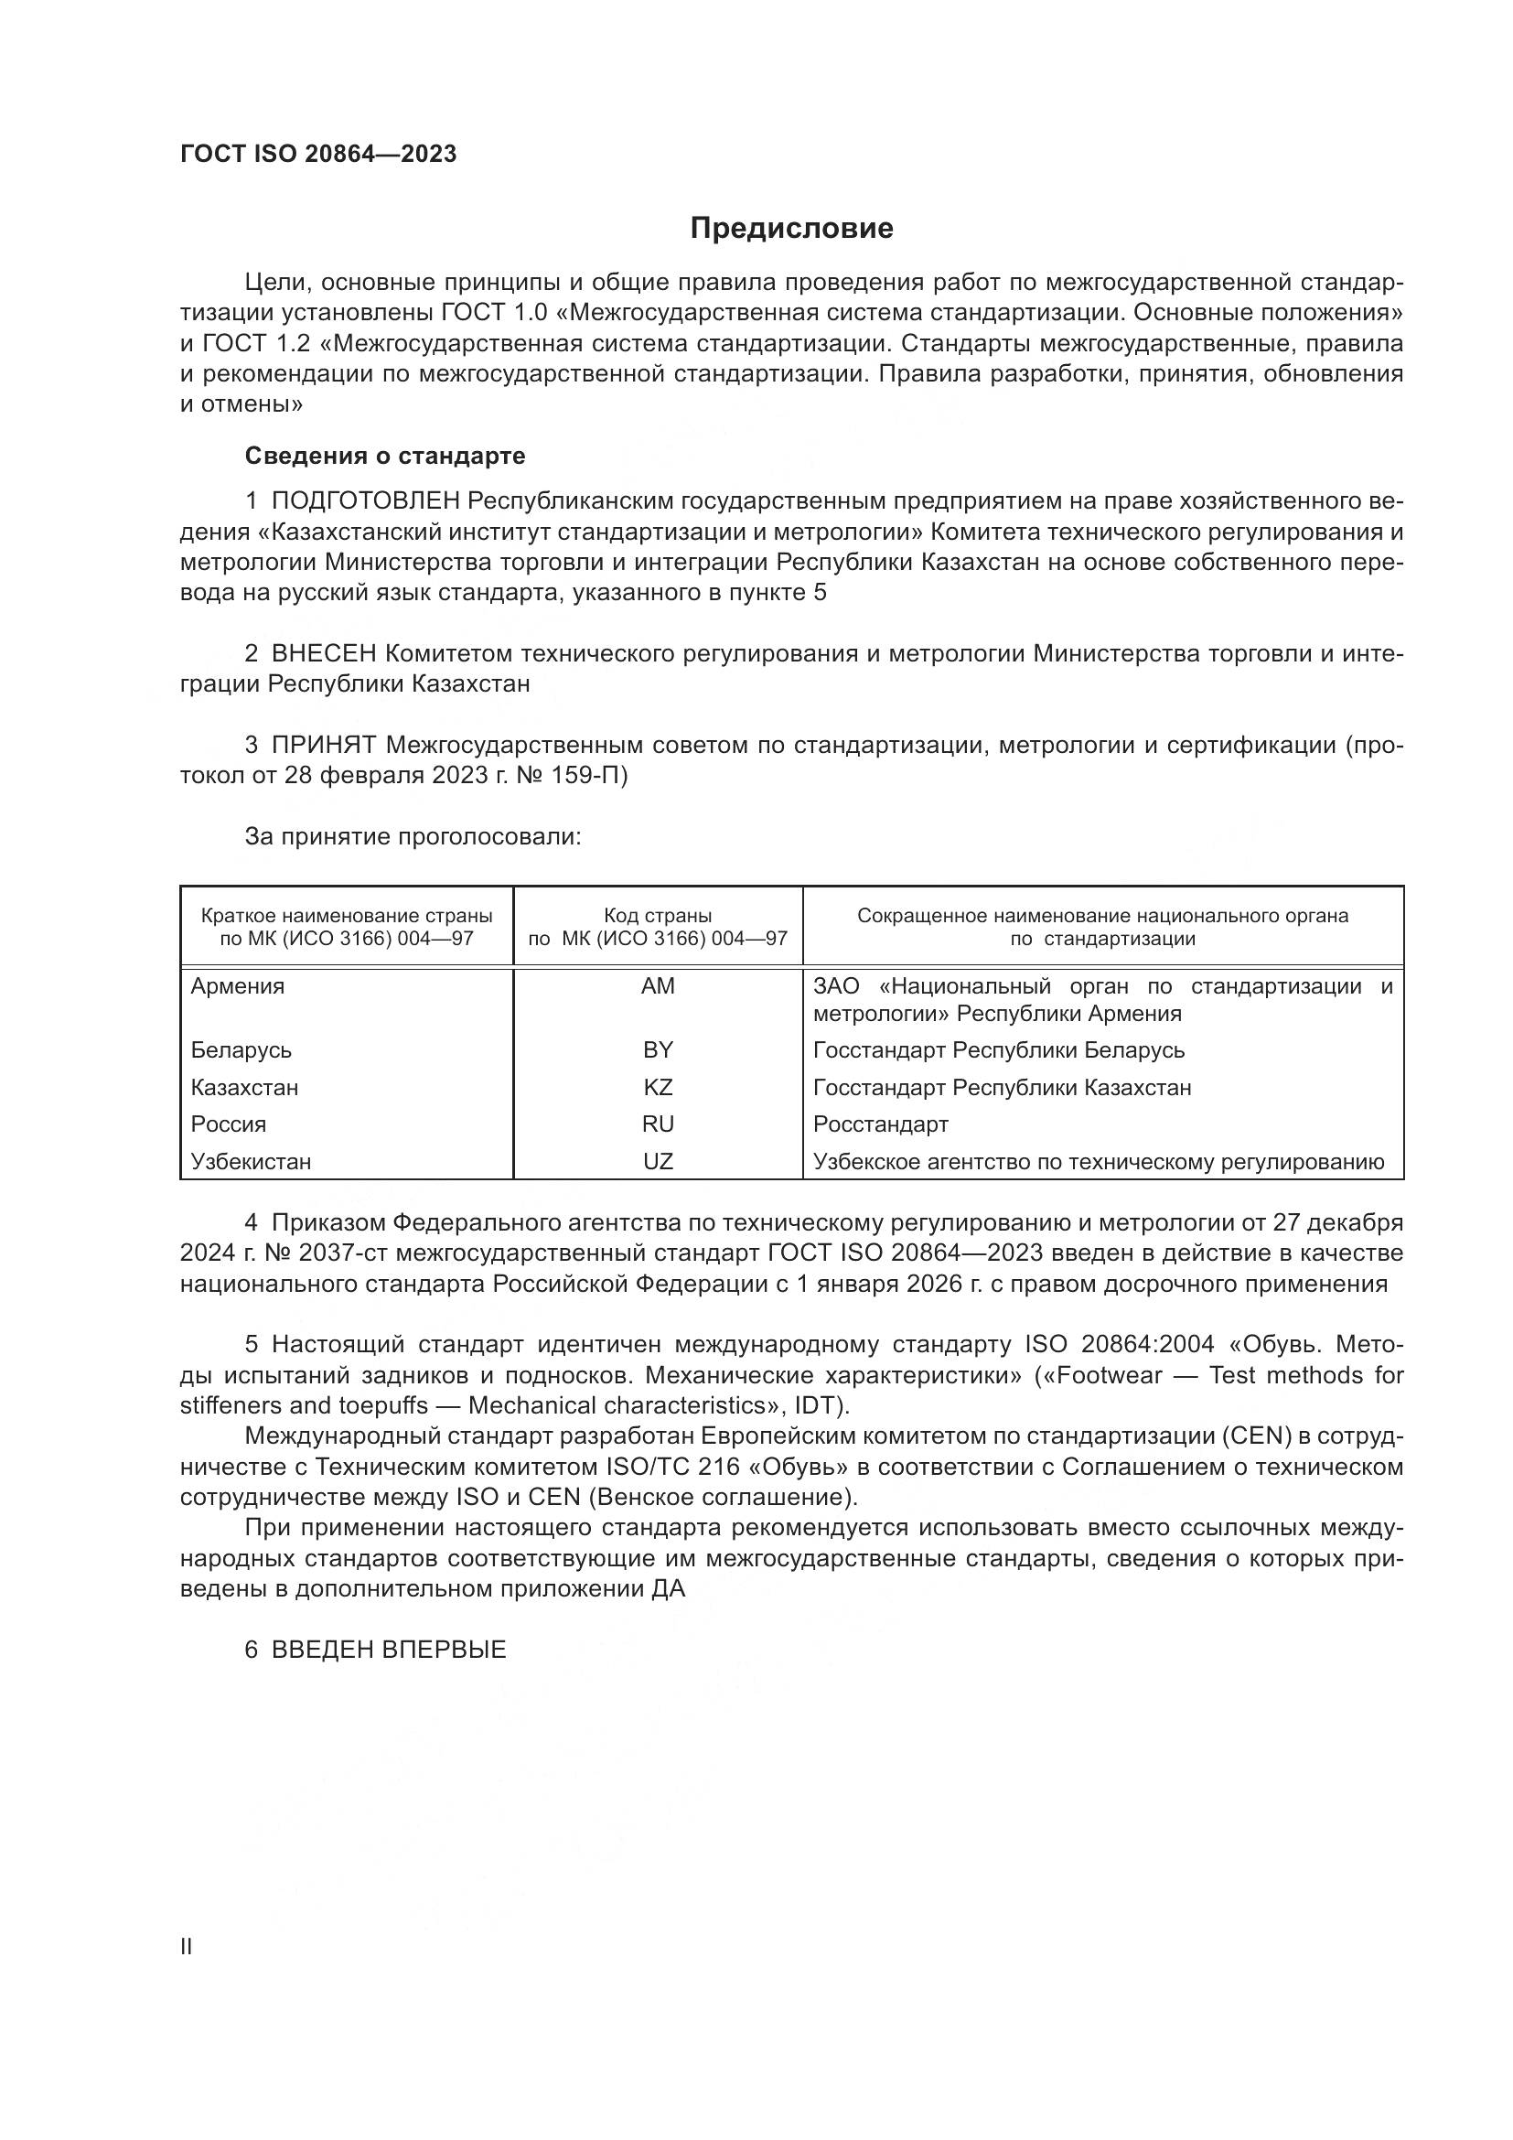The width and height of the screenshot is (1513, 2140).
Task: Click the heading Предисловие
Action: pyautogui.click(x=791, y=229)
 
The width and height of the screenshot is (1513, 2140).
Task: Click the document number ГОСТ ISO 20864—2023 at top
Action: pyautogui.click(x=318, y=155)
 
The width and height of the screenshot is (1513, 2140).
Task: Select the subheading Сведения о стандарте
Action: pyautogui.click(x=385, y=456)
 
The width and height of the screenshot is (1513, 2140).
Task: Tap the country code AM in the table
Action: pyautogui.click(x=658, y=986)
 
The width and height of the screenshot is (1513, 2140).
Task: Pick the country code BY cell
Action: pyautogui.click(x=658, y=1050)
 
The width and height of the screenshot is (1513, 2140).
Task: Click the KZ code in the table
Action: pyautogui.click(x=658, y=1088)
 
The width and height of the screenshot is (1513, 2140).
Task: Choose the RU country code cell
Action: pyautogui.click(x=658, y=1124)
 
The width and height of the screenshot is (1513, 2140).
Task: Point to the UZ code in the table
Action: pyautogui.click(x=658, y=1161)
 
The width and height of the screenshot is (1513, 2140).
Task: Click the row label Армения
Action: pyautogui.click(x=238, y=986)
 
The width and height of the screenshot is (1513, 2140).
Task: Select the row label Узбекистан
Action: pyautogui.click(x=251, y=1161)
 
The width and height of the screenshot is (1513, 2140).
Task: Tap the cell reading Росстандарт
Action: pyautogui.click(x=880, y=1124)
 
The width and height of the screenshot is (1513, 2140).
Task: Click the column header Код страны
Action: pyautogui.click(x=658, y=916)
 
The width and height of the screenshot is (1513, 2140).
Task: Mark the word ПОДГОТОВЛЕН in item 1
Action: pyautogui.click(x=365, y=501)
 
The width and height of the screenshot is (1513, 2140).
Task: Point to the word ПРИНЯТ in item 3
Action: pyautogui.click(x=323, y=746)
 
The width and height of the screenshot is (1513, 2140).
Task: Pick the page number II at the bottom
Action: pyautogui.click(x=187, y=1947)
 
